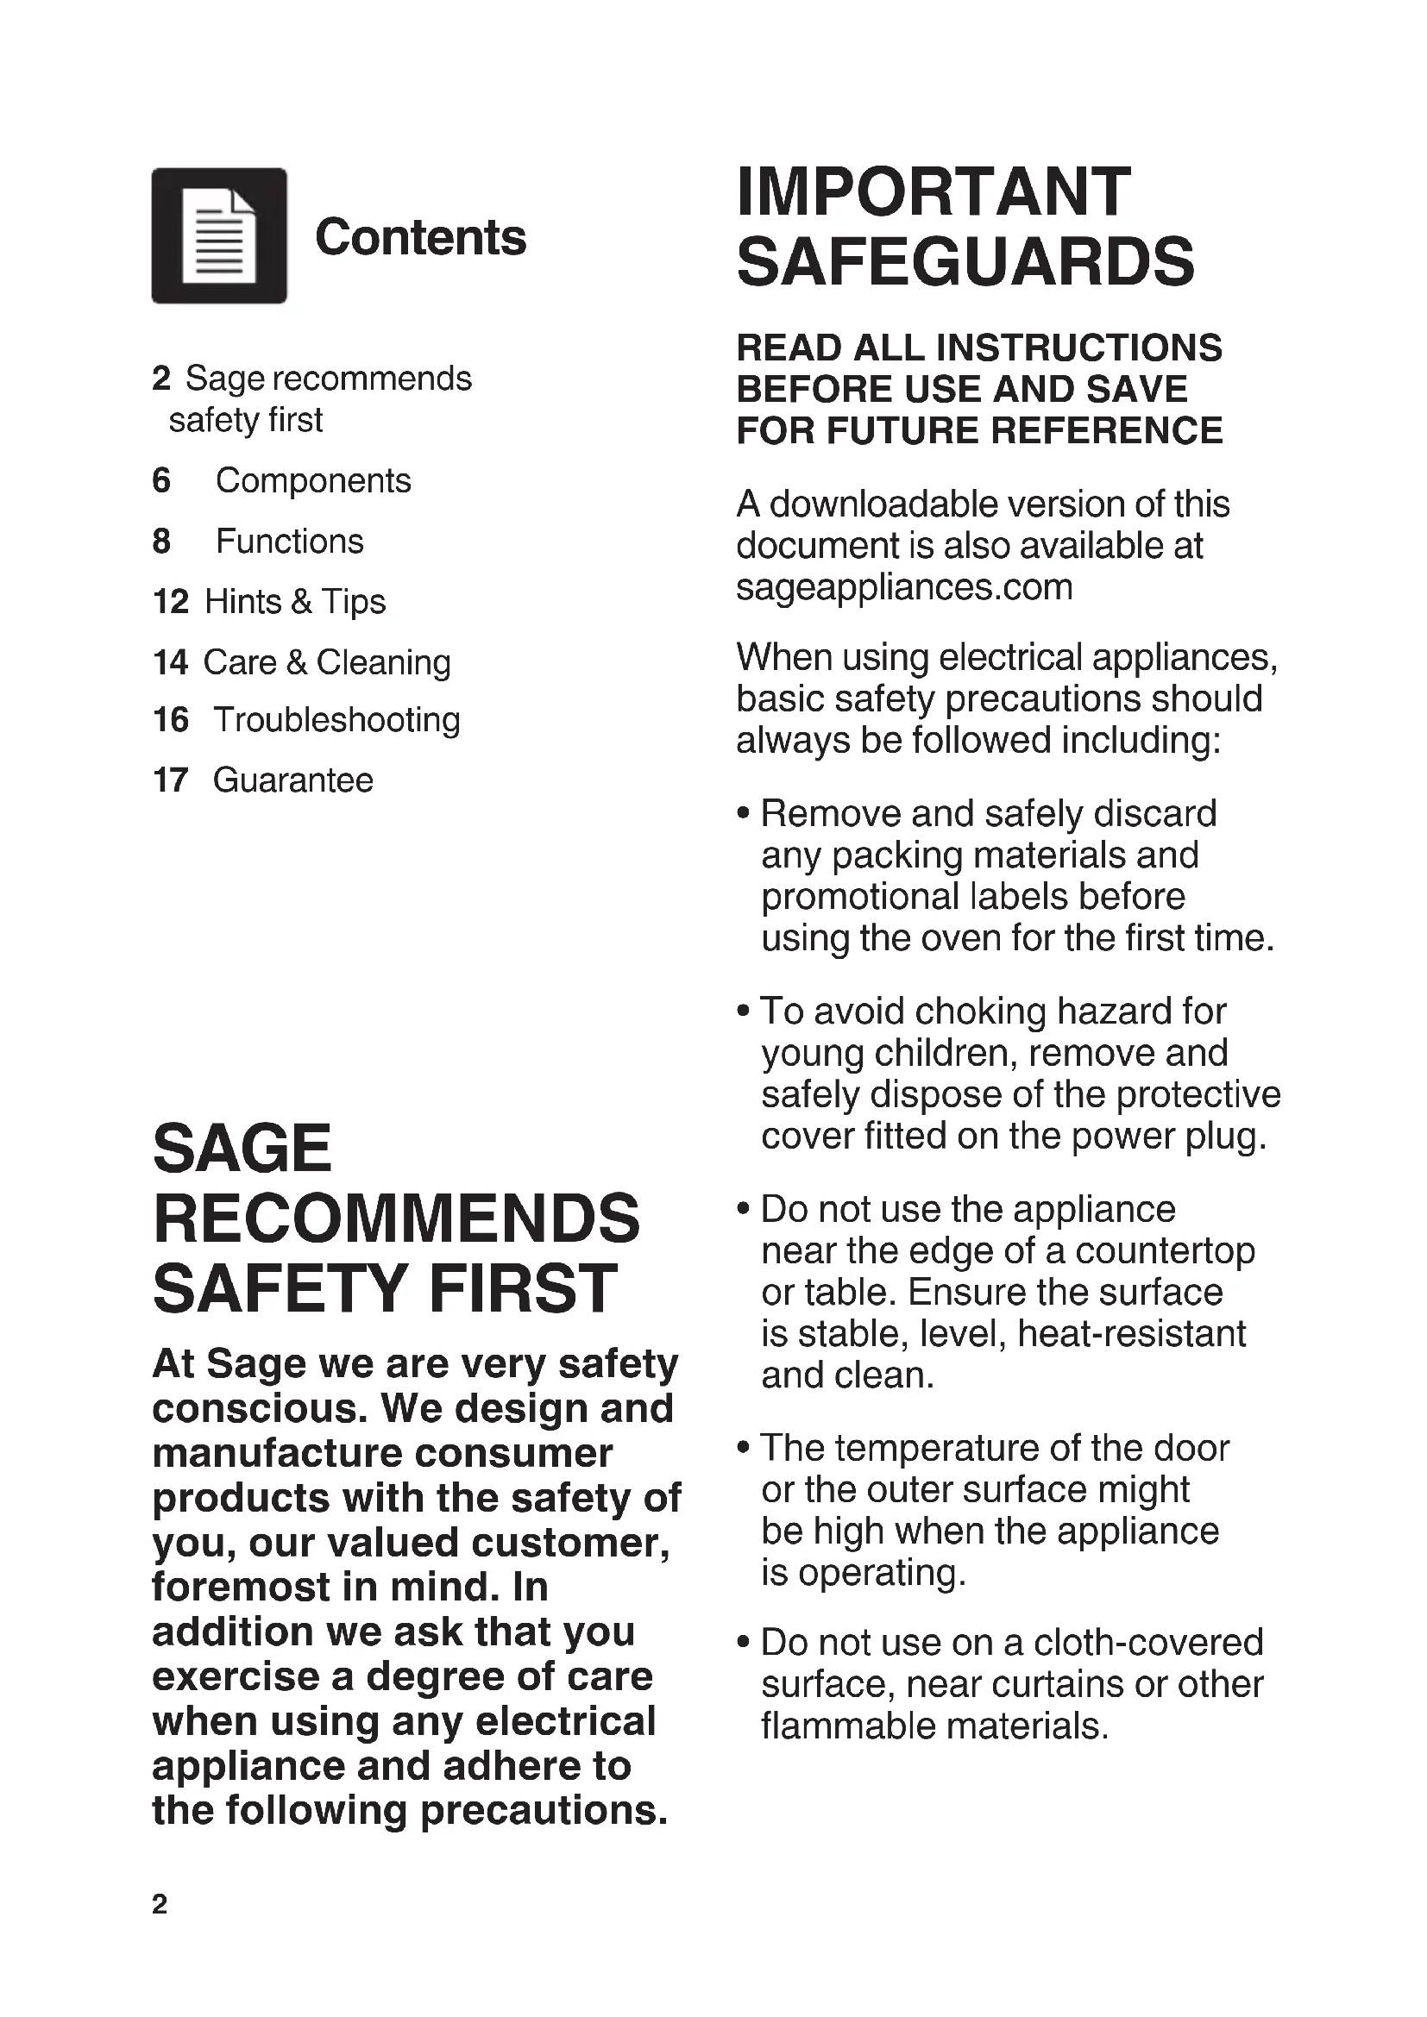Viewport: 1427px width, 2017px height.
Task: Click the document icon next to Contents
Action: click(x=219, y=235)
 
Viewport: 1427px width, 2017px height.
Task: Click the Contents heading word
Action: click(x=420, y=237)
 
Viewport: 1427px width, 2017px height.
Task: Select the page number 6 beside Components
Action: click(x=161, y=480)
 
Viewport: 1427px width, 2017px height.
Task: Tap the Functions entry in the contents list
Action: click(x=289, y=542)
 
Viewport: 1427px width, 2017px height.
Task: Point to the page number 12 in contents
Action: click(x=171, y=602)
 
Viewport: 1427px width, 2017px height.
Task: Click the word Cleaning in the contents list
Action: click(x=383, y=662)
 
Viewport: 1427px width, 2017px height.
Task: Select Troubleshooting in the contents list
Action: click(x=336, y=720)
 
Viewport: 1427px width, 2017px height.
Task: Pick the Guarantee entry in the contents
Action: click(x=292, y=780)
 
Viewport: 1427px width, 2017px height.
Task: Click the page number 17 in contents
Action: click(x=171, y=780)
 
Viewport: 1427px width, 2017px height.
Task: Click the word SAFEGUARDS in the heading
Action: click(x=965, y=262)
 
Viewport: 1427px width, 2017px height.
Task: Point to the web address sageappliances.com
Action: click(x=904, y=587)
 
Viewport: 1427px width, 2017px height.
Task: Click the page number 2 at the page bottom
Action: click(x=159, y=1904)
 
